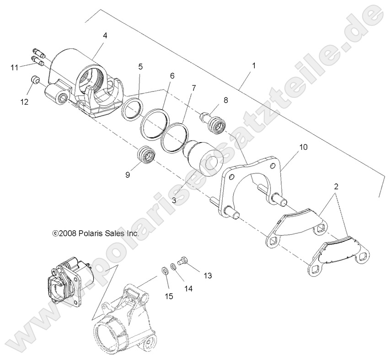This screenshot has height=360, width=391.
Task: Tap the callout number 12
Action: pyautogui.click(x=24, y=101)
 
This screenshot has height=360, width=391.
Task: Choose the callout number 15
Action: pyautogui.click(x=169, y=297)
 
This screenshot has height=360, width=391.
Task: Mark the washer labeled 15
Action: pyautogui.click(x=165, y=270)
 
